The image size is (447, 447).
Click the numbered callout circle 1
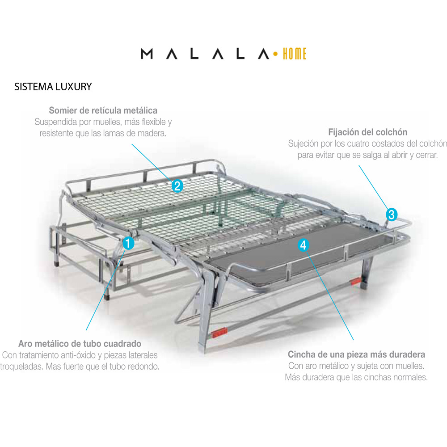pyautogui.click(x=128, y=243)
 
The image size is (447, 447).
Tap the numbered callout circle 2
pyautogui.click(x=177, y=186)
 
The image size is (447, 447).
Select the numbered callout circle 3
pyautogui.click(x=392, y=215)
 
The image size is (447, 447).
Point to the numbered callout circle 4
pyautogui.click(x=304, y=245)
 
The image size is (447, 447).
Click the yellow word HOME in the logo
pyautogui.click(x=295, y=54)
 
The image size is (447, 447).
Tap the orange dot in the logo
pyautogui.click(x=275, y=54)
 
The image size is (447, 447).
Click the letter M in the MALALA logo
pyautogui.click(x=147, y=54)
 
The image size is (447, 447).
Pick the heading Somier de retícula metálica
pyautogui.click(x=103, y=110)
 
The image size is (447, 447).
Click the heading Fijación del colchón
pyautogui.click(x=368, y=132)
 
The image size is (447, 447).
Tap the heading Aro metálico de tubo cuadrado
pyautogui.click(x=80, y=343)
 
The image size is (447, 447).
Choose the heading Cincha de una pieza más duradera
pyautogui.click(x=356, y=354)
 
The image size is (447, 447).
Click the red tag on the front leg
pyautogui.click(x=219, y=333)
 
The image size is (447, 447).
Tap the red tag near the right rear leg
pyautogui.click(x=355, y=282)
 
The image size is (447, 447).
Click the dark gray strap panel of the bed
pyautogui.click(x=296, y=251)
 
